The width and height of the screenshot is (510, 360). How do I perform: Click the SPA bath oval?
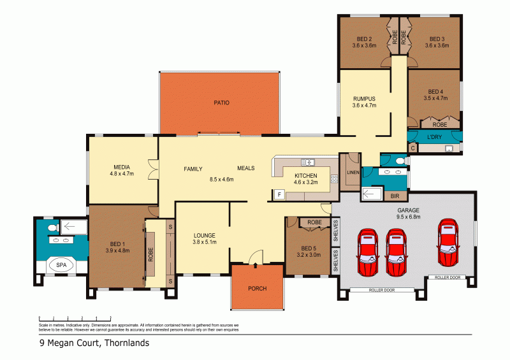point(61,265)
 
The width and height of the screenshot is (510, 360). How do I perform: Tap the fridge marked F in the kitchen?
point(279,195)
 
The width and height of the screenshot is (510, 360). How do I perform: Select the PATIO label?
point(221,103)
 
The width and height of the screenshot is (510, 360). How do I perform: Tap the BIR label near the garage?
point(396,196)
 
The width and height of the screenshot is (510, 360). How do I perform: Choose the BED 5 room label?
point(309,248)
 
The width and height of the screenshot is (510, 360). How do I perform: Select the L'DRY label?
point(433,138)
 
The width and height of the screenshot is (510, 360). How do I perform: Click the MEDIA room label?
point(122,166)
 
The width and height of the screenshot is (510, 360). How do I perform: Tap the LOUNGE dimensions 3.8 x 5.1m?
point(205,242)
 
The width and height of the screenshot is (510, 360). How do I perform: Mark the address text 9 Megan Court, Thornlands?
point(93,343)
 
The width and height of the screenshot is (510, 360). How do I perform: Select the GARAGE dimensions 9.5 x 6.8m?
point(408,217)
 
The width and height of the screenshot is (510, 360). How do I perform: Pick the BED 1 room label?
point(117,243)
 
